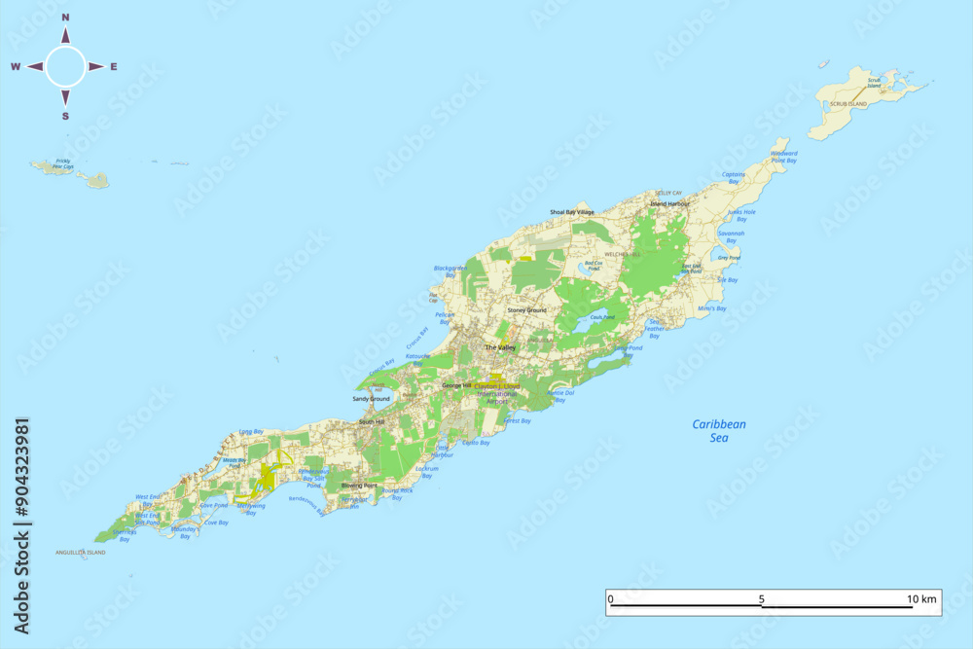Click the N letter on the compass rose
[66, 18]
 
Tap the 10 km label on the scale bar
[920, 599]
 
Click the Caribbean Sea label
[719, 430]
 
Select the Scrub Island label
[848, 103]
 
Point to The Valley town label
[500, 347]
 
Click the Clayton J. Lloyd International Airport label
[498, 393]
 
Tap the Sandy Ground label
[371, 399]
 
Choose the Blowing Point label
[359, 485]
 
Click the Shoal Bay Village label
[571, 211]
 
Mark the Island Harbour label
[669, 204]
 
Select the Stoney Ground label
[526, 310]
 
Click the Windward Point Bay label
[783, 157]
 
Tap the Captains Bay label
[734, 178]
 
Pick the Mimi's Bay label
[713, 308]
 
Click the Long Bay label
[251, 431]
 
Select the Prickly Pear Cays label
[63, 163]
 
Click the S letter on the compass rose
[66, 116]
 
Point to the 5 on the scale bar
[762, 599]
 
